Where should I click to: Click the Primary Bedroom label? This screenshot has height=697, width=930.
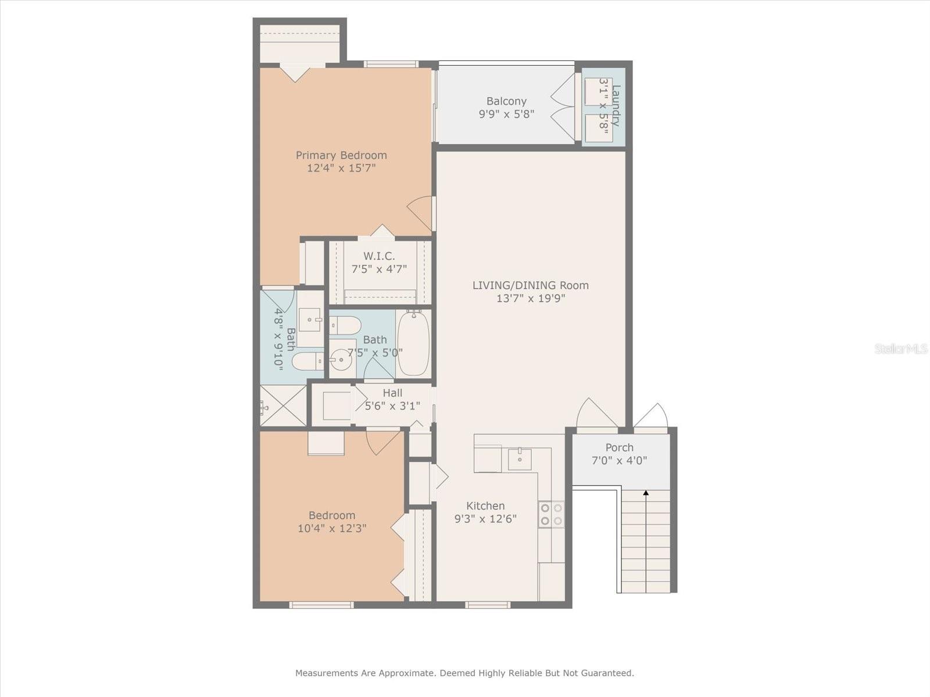pos(341,155)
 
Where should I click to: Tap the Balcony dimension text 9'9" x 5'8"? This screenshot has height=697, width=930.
pos(506,114)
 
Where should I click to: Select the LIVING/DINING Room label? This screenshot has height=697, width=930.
pos(530,285)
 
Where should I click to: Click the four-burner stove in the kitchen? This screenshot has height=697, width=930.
pos(550,514)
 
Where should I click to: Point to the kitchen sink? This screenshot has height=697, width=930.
pos(519,459)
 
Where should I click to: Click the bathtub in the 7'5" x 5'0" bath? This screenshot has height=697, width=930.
pos(413,344)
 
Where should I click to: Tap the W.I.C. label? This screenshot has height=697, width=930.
pos(379,256)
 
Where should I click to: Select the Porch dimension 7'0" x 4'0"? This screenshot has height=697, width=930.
pos(619,461)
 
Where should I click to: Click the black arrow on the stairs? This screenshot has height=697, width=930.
pos(646,493)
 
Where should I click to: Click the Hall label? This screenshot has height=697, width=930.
pos(392,393)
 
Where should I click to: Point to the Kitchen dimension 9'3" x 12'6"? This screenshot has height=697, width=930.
pos(485,519)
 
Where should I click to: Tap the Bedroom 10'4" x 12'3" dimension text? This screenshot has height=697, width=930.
pos(331,529)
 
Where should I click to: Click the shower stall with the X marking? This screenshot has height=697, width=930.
pos(283,405)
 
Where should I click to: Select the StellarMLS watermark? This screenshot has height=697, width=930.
pos(900,348)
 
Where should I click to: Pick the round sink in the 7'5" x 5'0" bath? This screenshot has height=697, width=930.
pos(341,360)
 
